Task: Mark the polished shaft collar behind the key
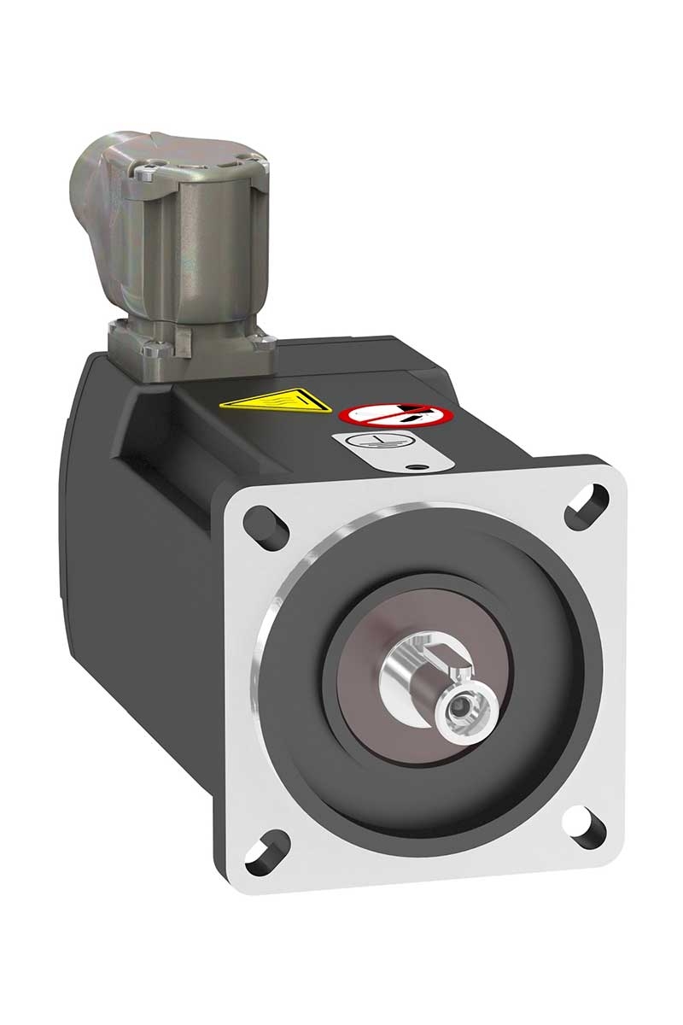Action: pos(406,675)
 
